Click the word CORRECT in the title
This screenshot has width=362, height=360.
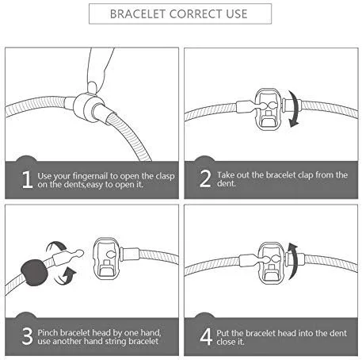(196, 14)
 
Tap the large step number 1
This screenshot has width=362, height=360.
(27, 180)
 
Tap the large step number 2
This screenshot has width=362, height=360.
(205, 178)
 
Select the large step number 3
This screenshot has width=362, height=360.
(27, 336)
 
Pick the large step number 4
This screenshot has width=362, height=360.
(206, 336)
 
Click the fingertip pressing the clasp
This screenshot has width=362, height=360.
(93, 87)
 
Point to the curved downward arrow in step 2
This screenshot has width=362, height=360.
(294, 109)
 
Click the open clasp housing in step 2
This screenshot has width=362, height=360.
(267, 109)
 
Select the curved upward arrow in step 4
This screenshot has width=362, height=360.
(293, 261)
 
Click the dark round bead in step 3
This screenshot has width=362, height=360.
(35, 273)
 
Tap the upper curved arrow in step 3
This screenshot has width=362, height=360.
(56, 246)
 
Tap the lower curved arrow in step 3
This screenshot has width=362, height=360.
(65, 277)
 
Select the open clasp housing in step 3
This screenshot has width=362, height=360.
(106, 259)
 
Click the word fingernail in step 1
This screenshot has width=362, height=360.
(90, 176)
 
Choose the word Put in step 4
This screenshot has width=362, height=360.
(223, 333)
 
